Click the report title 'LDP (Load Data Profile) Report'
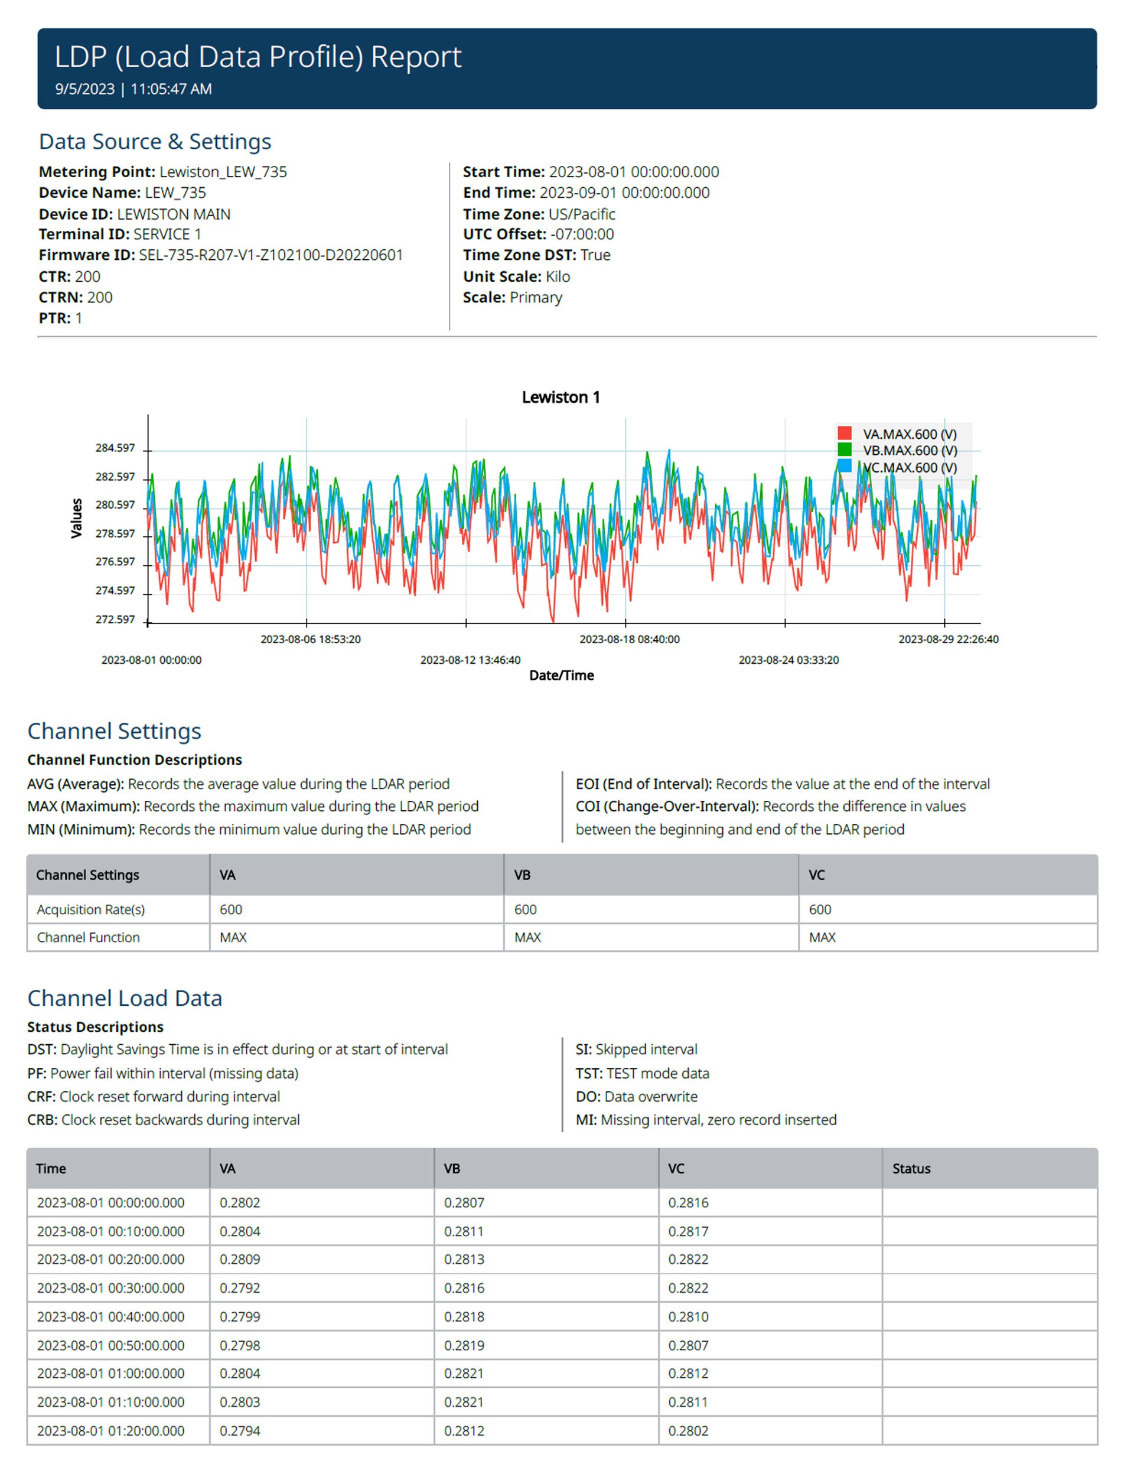[x=258, y=57]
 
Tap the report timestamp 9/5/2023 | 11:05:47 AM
[x=133, y=89]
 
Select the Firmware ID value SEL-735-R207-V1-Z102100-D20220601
[x=271, y=255]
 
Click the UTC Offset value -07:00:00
[x=582, y=234]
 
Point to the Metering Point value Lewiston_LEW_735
[x=223, y=172]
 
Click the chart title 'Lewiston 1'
[x=561, y=397]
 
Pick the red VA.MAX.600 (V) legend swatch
[x=845, y=433]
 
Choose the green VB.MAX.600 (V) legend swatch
[x=845, y=449]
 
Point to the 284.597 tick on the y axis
[x=115, y=448]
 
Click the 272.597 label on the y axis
[x=115, y=620]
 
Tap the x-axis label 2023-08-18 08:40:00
[x=630, y=640]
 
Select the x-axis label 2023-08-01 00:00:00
[x=151, y=660]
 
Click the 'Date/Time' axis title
[x=562, y=676]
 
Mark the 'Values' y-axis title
[x=77, y=518]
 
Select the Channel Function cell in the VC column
[x=822, y=937]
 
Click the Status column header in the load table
[x=911, y=1169]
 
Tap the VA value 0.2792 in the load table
[x=240, y=1288]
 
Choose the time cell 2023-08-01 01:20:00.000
[x=111, y=1431]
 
